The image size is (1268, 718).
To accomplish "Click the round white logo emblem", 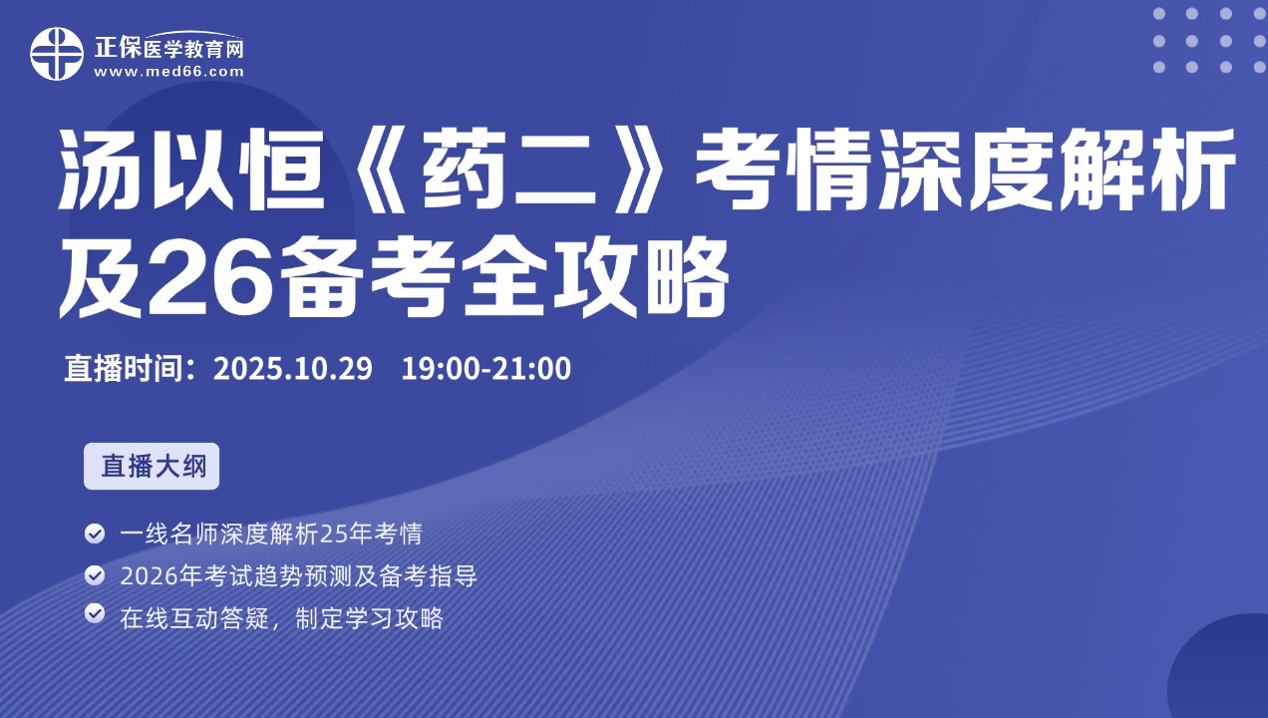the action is click(57, 54).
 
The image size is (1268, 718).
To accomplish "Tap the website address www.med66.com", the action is click(168, 72).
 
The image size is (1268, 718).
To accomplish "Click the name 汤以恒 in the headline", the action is click(192, 170).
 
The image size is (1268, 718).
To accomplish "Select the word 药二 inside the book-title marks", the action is click(509, 170).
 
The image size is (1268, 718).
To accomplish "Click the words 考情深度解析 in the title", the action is click(965, 170).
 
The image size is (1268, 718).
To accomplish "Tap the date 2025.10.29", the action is click(293, 368).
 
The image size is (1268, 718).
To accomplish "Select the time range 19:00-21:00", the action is click(486, 368).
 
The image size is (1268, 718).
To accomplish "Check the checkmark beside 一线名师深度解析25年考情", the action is click(95, 534).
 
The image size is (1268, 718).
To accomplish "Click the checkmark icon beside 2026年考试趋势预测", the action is click(95, 575).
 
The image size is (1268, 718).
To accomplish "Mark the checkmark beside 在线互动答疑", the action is click(95, 613).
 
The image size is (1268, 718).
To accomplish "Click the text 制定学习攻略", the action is click(369, 617).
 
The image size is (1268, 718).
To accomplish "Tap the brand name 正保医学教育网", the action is click(168, 48).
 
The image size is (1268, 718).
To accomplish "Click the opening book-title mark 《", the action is click(374, 170).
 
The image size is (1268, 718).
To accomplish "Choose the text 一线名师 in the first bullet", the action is click(169, 534).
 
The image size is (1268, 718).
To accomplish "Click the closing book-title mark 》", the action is click(644, 170).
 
